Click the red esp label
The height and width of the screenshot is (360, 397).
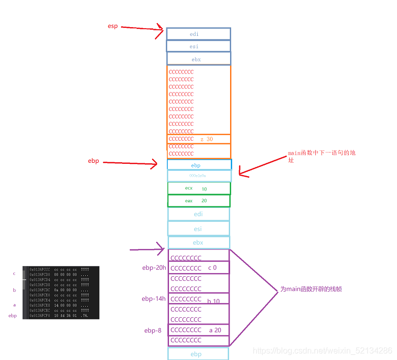point(112,26)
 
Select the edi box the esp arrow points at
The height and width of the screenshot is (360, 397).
point(198,34)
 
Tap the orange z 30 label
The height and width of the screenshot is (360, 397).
point(206,139)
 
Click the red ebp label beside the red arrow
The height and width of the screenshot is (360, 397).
point(93,161)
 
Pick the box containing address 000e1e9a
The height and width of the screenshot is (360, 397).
point(199,176)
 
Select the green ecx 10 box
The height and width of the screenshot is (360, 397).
point(199,188)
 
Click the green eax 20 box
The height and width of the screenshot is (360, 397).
point(199,201)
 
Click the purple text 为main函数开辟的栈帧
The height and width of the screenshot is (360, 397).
point(311,289)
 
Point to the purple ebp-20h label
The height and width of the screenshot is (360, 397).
point(154,268)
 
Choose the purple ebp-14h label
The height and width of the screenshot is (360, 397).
point(154,299)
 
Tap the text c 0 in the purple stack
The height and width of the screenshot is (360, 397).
point(212,268)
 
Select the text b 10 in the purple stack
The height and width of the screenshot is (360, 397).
point(214,301)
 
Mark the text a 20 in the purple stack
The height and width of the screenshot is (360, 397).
point(215,330)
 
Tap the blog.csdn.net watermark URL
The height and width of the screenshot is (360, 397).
point(323,350)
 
